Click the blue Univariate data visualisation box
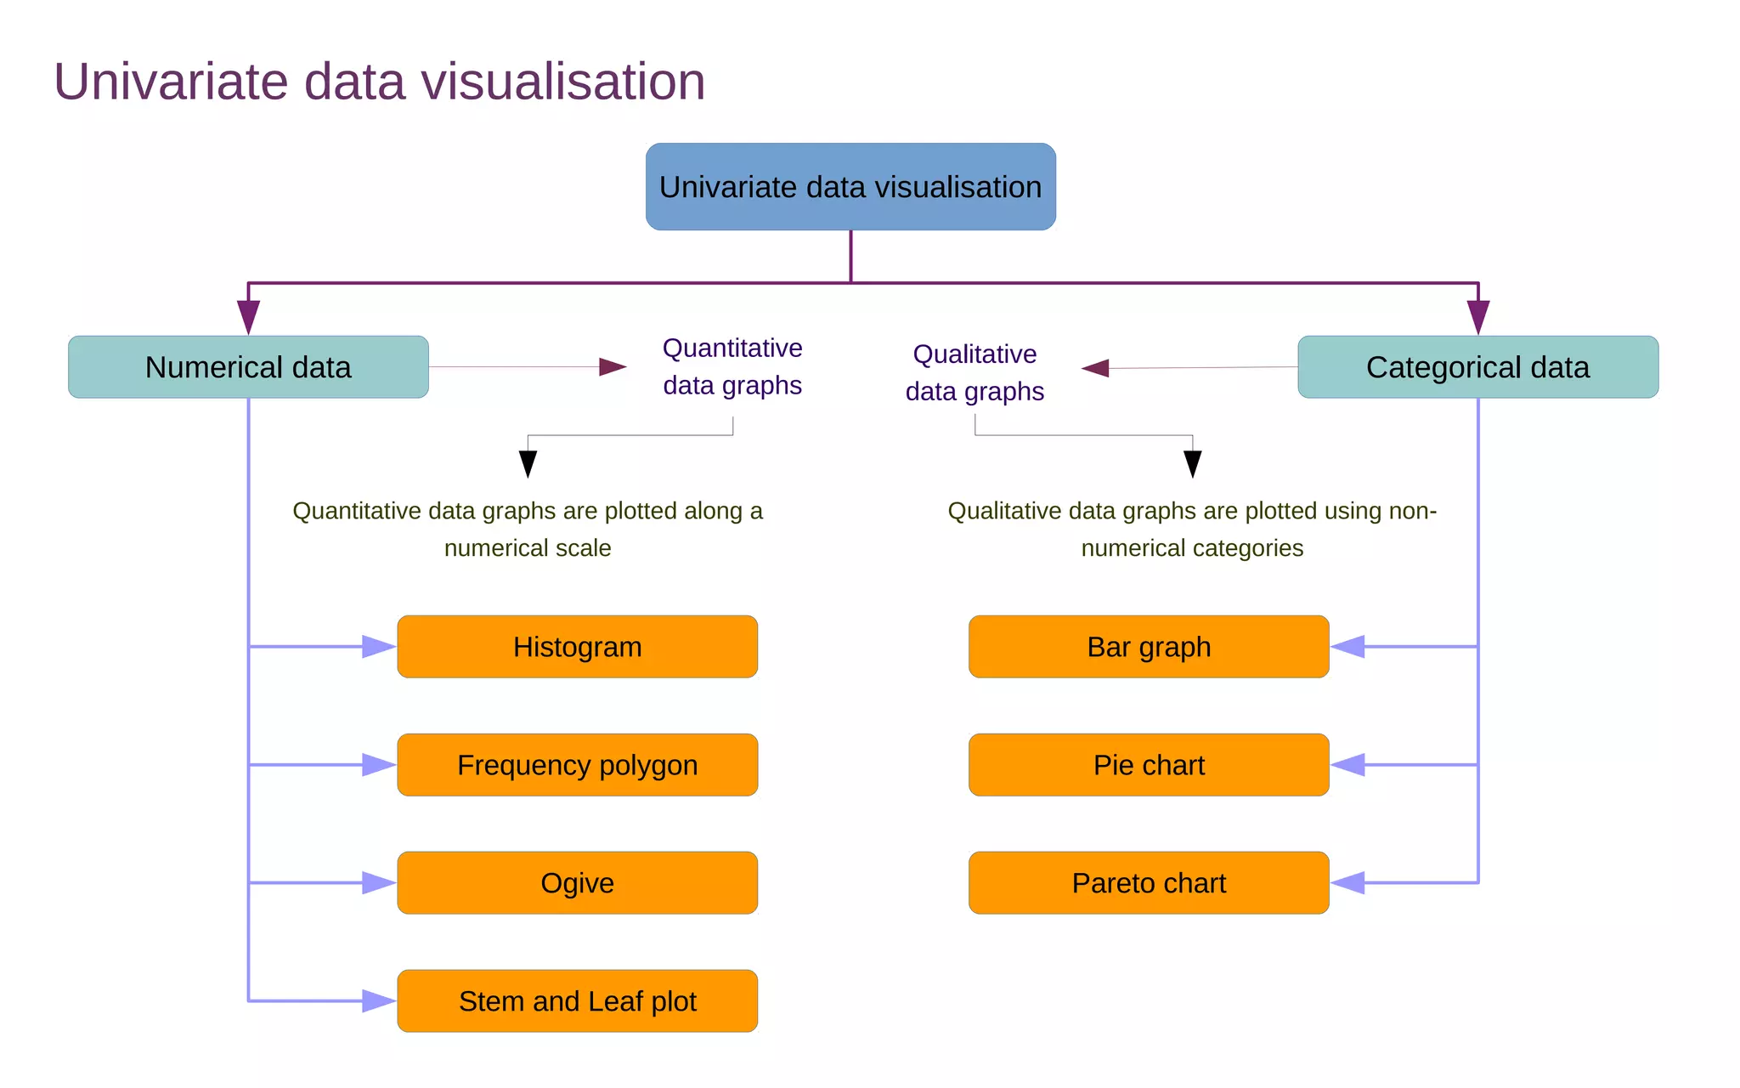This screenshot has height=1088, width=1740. coord(850,187)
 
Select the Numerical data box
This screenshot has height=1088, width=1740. coord(248,367)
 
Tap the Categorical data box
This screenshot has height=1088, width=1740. coord(1477,367)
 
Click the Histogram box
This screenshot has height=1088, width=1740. coord(577,647)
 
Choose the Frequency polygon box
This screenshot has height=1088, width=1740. coord(577,765)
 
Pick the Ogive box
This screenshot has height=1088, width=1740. coord(577,883)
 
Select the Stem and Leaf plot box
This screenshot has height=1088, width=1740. coord(577,1001)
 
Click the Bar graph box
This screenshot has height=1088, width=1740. coord(1149,647)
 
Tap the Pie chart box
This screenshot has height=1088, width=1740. coord(1149,765)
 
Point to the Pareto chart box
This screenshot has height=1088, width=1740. coord(1149,883)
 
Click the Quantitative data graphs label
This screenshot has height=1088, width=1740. coord(732,366)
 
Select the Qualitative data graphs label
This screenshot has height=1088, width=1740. coord(975,372)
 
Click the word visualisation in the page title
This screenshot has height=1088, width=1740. coord(563,82)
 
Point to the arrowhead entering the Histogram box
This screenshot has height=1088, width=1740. coord(378,647)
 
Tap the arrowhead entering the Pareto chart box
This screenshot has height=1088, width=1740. coord(1348,883)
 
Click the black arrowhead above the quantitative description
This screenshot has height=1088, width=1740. coord(528,463)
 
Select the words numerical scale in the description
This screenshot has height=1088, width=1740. coord(528,548)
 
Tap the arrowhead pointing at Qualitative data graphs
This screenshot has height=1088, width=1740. coord(1096,368)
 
